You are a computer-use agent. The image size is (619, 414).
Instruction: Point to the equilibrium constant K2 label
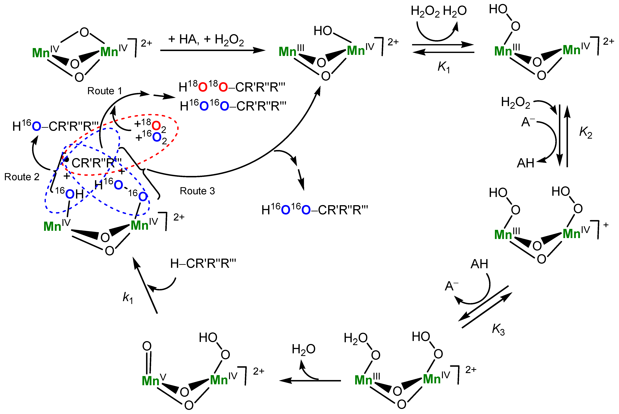(x=585, y=132)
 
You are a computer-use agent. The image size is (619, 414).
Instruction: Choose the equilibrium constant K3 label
(x=498, y=330)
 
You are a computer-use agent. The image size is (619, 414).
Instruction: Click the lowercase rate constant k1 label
(x=128, y=298)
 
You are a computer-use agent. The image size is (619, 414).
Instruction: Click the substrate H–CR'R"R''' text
(x=203, y=264)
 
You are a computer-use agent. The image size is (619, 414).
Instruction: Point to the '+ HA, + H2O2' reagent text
(x=206, y=40)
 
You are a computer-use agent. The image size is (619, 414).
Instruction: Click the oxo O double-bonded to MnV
(x=147, y=346)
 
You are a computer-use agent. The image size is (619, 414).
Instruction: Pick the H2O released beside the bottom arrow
(x=303, y=350)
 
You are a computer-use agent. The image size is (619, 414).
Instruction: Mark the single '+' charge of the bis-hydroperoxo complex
(x=606, y=225)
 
